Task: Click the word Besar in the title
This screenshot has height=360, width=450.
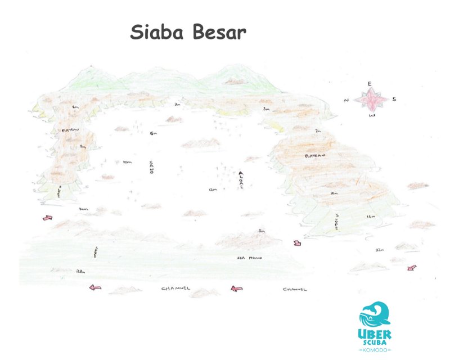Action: (x=218, y=31)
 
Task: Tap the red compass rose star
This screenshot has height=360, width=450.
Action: (x=370, y=100)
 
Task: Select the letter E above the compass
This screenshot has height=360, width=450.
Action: (x=370, y=84)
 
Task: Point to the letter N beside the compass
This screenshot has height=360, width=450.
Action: (x=346, y=100)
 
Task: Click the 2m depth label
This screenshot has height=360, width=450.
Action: (x=177, y=105)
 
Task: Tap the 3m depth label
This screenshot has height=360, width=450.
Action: (x=265, y=108)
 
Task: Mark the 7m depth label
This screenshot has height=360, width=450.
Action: (x=318, y=131)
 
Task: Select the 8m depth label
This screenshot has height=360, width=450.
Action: (x=83, y=146)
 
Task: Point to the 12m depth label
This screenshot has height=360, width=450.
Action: (x=212, y=190)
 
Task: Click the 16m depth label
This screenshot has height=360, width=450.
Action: (x=371, y=216)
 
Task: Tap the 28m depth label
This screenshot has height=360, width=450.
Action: (x=80, y=271)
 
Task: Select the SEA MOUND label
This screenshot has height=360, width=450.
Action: (x=250, y=258)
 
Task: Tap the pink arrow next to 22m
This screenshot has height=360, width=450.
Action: (x=411, y=268)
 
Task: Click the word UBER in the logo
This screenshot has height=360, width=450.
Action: (x=375, y=332)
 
